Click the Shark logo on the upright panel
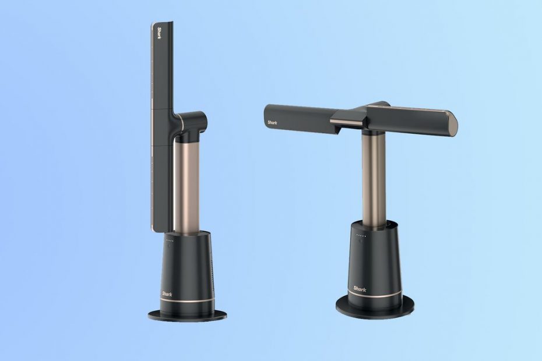pyautogui.click(x=159, y=33)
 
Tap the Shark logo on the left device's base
pyautogui.click(x=167, y=294)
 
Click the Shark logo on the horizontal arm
pyautogui.click(x=272, y=122)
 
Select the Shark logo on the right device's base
pyautogui.click(x=360, y=289)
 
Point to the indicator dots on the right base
pyautogui.click(x=361, y=236)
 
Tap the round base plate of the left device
pyautogui.click(x=187, y=314)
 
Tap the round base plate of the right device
pyautogui.click(x=375, y=306)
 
